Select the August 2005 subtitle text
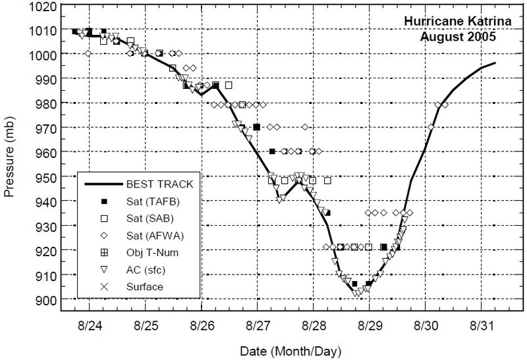[x=458, y=37]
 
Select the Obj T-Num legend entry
[x=154, y=252]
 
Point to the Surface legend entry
[x=146, y=286]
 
